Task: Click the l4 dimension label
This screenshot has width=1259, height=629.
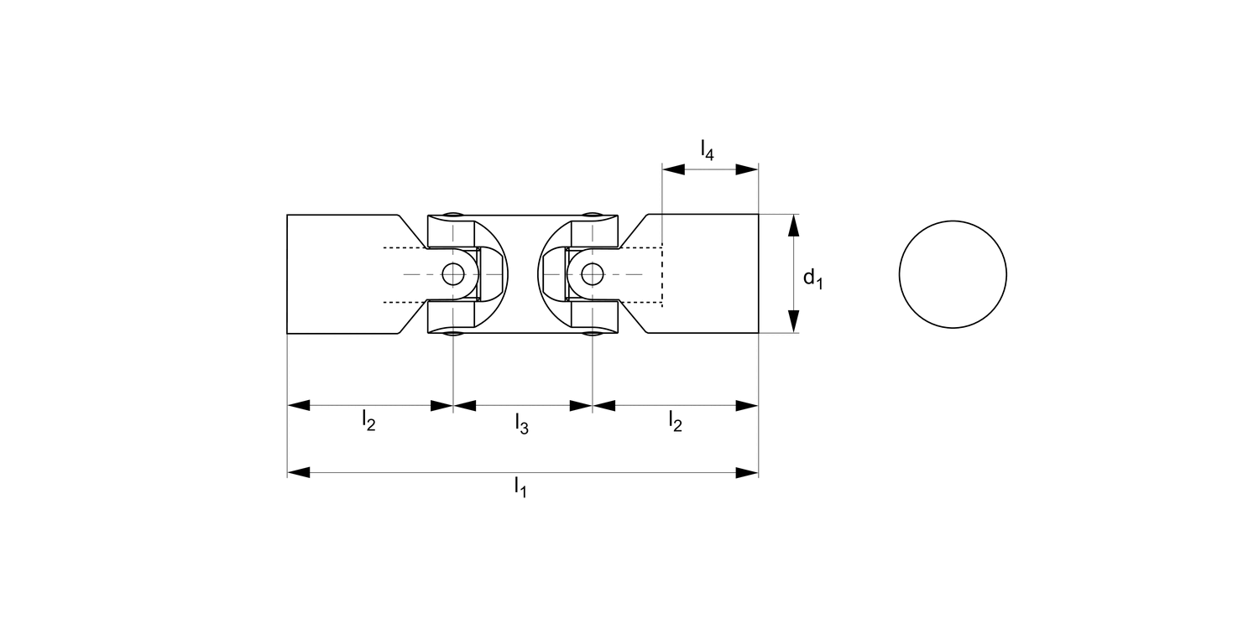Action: click(x=708, y=150)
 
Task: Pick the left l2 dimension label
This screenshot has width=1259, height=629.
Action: click(x=368, y=419)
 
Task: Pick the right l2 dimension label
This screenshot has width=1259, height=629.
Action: click(x=676, y=419)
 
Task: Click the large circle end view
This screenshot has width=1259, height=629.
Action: click(x=953, y=274)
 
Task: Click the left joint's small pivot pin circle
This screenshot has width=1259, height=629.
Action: click(x=453, y=273)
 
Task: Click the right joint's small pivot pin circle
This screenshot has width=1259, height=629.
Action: click(x=593, y=273)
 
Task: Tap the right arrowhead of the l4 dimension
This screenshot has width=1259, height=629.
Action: click(x=747, y=169)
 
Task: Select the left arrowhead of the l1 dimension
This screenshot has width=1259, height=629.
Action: click(x=299, y=473)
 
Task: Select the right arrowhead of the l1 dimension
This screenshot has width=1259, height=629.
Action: click(x=747, y=473)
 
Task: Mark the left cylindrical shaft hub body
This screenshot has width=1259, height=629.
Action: click(x=336, y=274)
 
